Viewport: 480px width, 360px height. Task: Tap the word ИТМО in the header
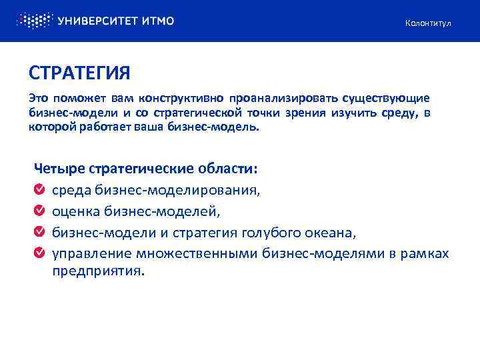[157, 21]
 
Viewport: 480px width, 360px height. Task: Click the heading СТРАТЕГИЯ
[79, 72]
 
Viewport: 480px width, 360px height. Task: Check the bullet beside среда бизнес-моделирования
[39, 190]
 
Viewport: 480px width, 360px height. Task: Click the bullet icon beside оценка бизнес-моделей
[39, 211]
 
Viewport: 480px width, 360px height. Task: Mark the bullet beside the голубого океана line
[39, 233]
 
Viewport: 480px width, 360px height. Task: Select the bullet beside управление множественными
[39, 253]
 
